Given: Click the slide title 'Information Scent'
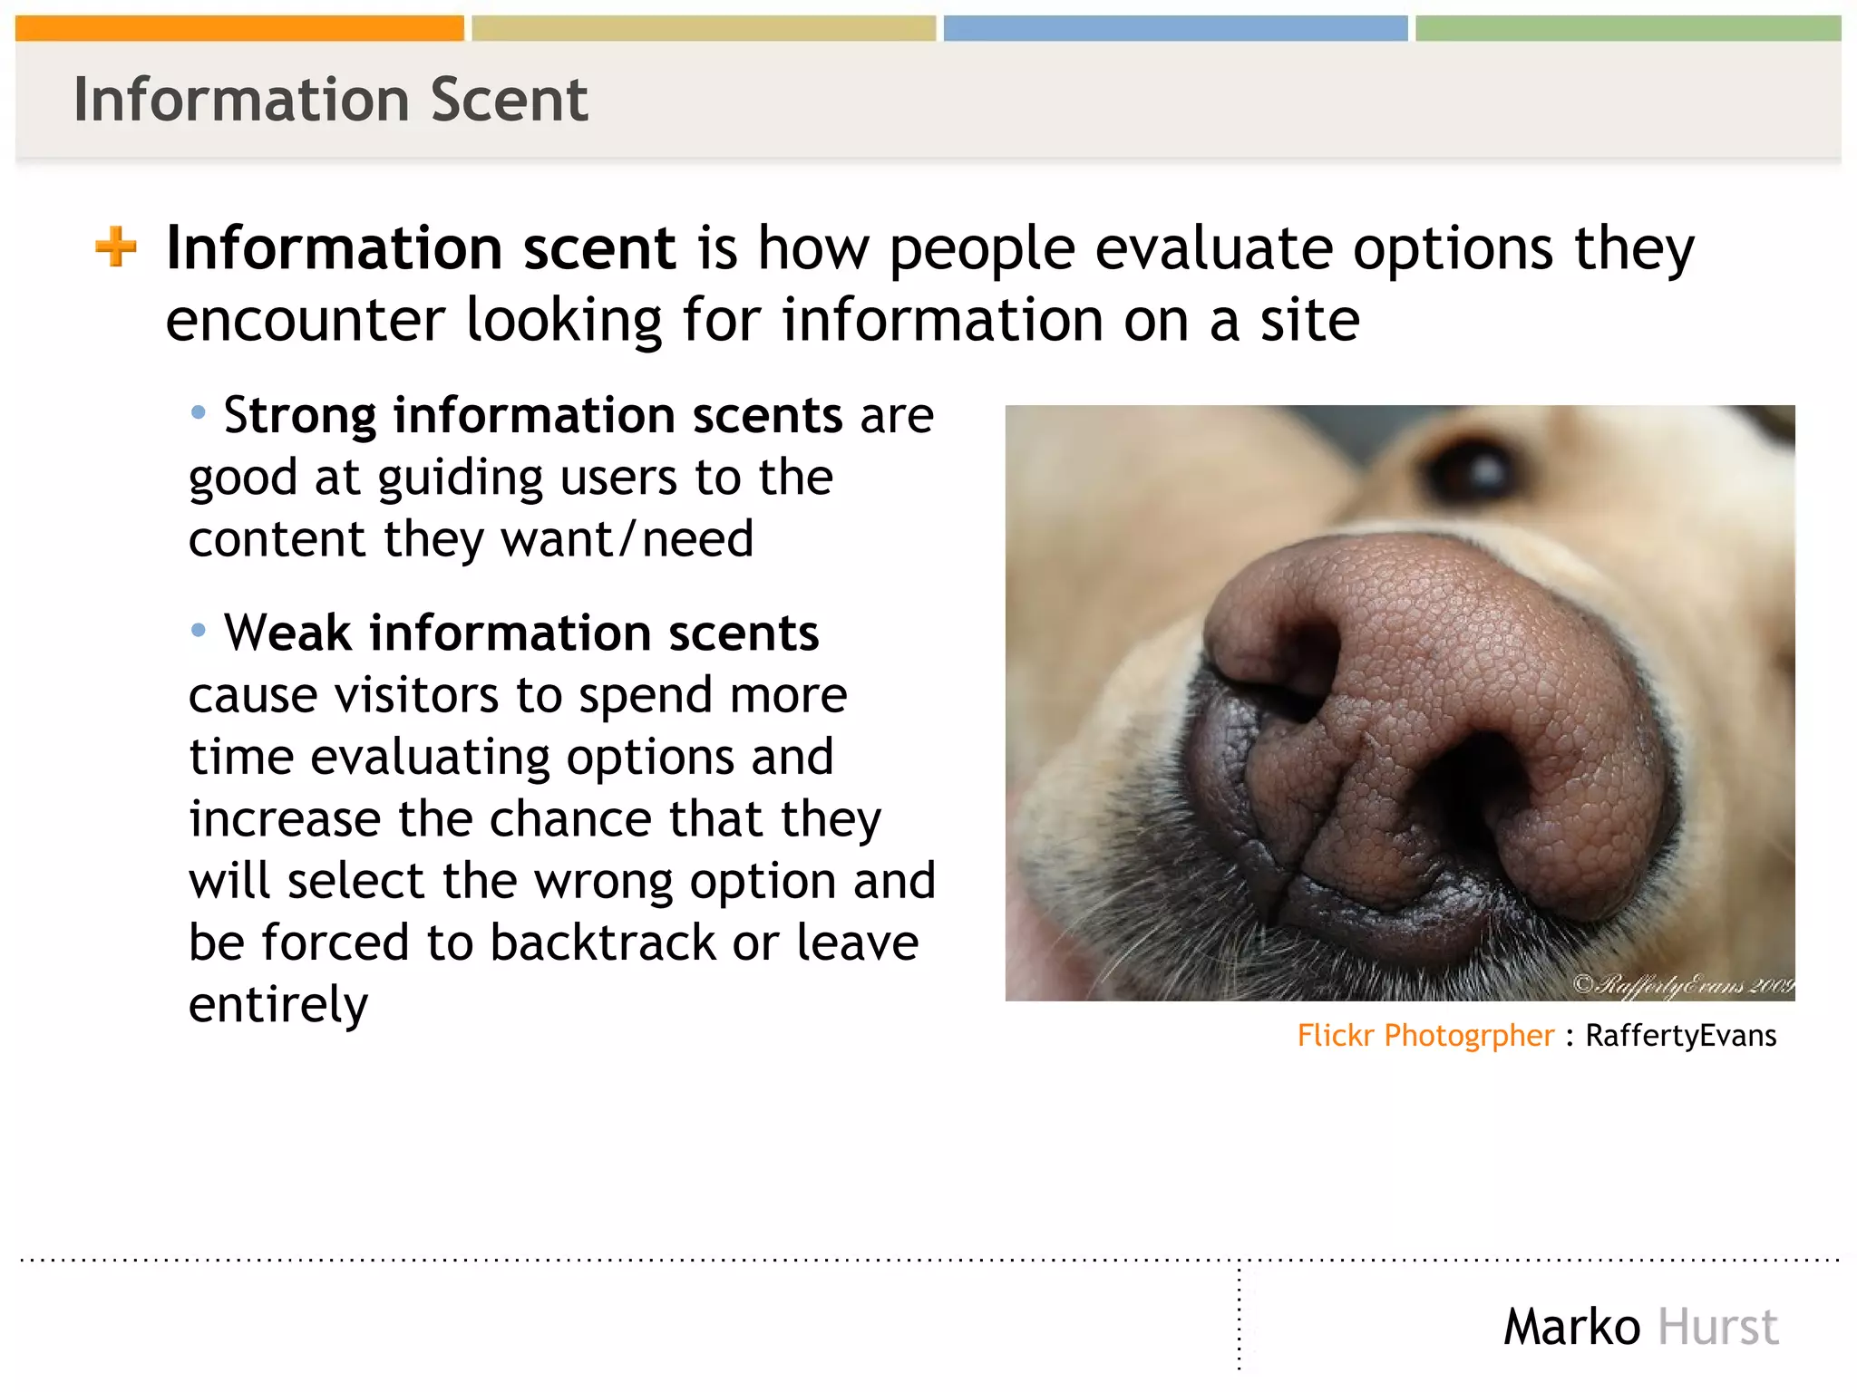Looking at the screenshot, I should [330, 100].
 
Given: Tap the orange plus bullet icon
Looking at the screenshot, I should [116, 246].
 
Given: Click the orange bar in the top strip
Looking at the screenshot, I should [239, 28].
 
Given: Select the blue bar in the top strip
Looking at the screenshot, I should [1175, 28].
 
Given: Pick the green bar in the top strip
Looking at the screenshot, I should [1628, 28].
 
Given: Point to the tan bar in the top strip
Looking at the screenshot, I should [704, 28].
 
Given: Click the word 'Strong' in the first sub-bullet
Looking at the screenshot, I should [299, 416].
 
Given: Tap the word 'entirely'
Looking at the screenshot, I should [278, 1005].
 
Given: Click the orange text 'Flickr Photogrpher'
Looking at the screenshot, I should [1424, 1035].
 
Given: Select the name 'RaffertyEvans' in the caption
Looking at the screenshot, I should [1680, 1035].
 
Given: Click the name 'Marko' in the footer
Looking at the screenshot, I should [1571, 1327].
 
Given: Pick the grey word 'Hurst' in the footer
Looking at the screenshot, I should [1717, 1327].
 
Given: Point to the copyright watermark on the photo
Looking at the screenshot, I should [1683, 984].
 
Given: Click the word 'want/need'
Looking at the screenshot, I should [627, 539].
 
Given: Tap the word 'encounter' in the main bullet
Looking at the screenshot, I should [305, 320].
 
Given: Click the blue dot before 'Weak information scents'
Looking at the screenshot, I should [199, 630].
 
